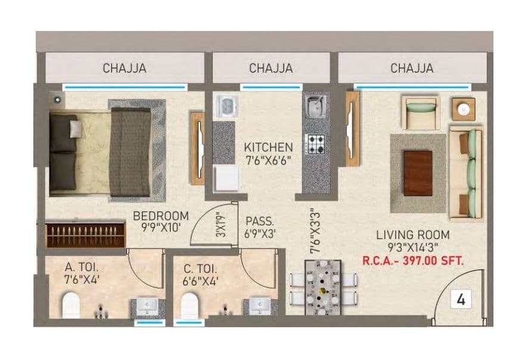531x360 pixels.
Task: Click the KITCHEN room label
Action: coord(268,147)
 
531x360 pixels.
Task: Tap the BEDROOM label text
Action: coord(160,216)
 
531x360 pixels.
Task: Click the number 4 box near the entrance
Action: coord(460,299)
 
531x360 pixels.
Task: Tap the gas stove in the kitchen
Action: coord(315,144)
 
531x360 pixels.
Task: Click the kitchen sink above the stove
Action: coord(315,107)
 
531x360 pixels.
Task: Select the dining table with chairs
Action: coord(322,287)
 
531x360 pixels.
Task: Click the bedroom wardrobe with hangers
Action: coord(86,235)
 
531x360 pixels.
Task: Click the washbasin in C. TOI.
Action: coord(259,306)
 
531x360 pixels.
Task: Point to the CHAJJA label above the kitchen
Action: coord(271,69)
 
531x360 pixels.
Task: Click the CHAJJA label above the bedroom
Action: coord(125,69)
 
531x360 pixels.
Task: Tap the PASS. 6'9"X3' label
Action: coord(260,227)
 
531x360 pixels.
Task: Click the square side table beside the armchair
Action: coord(463,108)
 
